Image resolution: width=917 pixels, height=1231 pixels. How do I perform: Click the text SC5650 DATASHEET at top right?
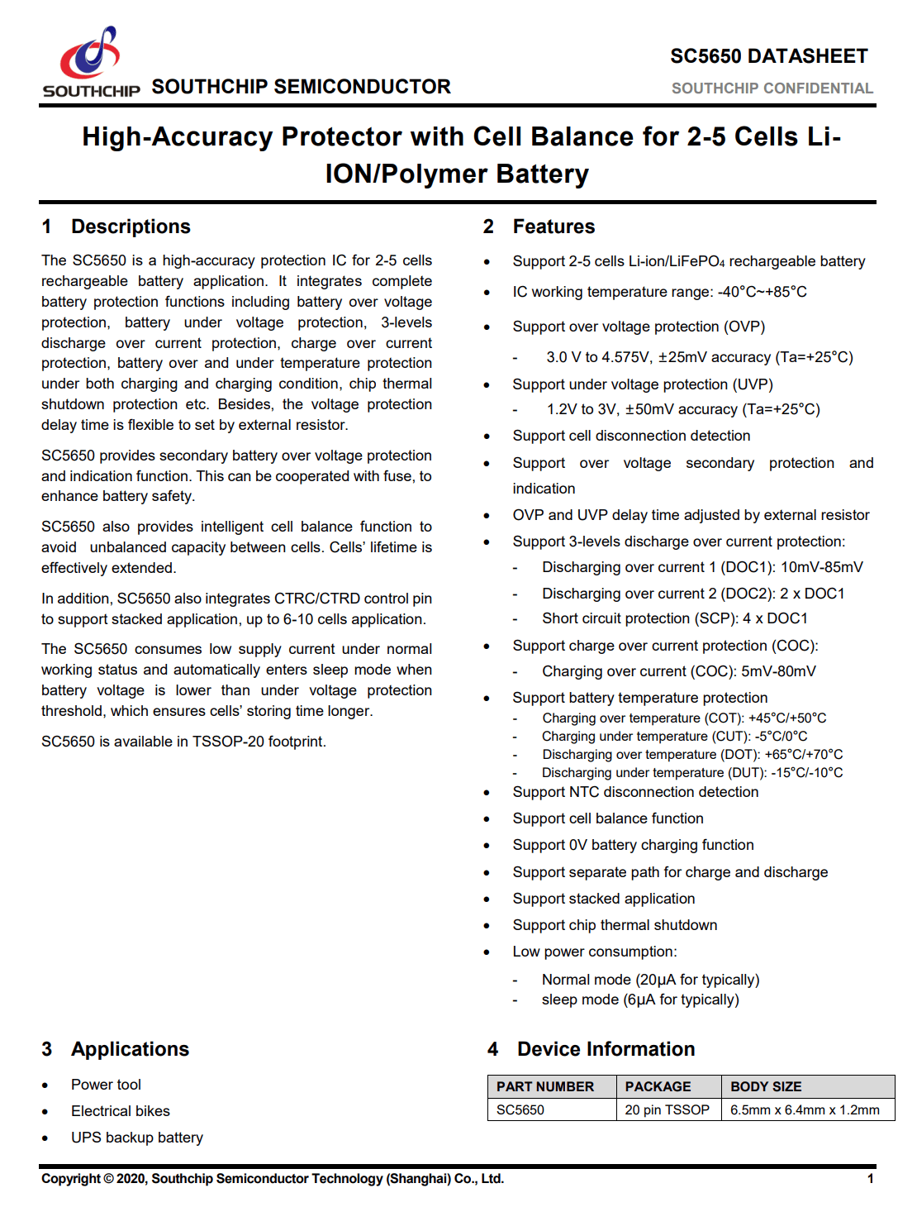768,56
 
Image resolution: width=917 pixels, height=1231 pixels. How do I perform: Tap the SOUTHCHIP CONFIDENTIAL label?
772,88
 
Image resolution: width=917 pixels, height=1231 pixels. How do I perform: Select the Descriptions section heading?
131,227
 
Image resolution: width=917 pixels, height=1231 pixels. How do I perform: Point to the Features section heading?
554,227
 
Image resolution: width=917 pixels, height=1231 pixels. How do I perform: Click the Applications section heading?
130,1049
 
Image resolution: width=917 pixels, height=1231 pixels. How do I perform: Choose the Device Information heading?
606,1049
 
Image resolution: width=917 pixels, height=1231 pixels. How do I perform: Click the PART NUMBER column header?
545,1086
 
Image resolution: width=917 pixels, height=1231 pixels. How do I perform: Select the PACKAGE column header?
658,1086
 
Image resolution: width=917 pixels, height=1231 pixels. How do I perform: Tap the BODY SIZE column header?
766,1086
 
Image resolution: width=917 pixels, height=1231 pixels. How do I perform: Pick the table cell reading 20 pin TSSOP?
667,1109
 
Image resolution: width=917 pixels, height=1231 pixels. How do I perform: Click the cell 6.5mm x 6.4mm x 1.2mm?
805,1109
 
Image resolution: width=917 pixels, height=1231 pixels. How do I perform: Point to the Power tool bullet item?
106,1085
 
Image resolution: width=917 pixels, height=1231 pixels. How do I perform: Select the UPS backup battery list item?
137,1138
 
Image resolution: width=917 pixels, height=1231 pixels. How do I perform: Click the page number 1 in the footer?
870,1179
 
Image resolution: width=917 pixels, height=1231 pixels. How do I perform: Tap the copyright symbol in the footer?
108,1179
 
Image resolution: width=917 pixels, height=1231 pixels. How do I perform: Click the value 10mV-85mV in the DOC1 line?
822,567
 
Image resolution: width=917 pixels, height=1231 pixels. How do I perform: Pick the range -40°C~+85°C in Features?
762,292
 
